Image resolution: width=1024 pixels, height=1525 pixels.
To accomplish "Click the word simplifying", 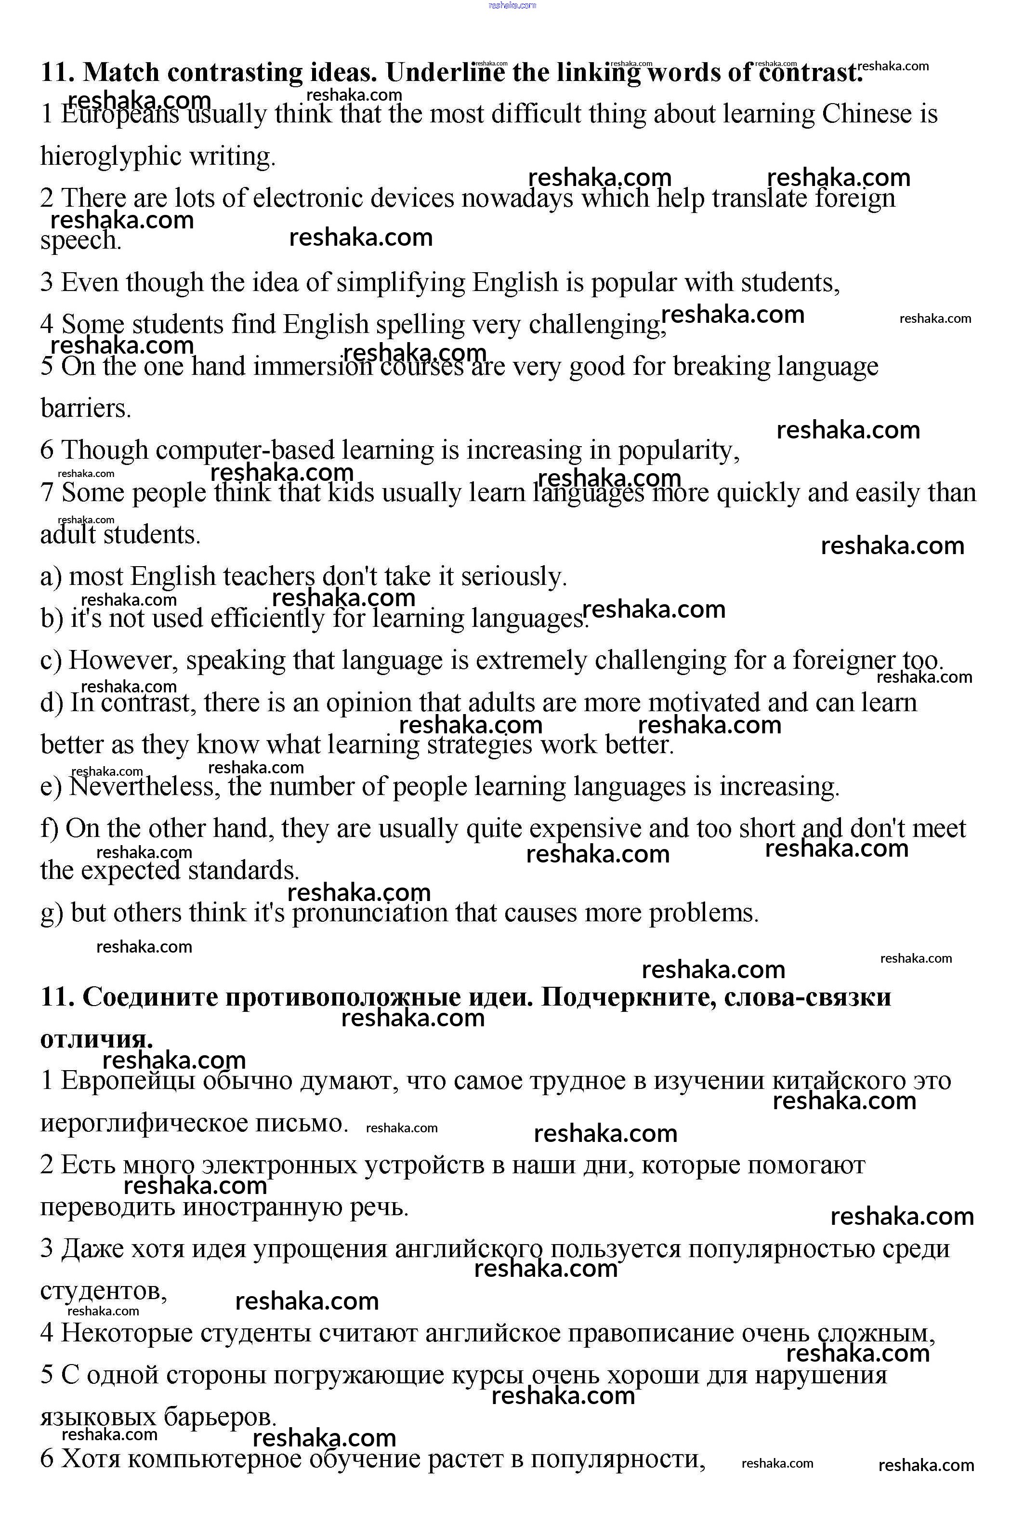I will tap(400, 283).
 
